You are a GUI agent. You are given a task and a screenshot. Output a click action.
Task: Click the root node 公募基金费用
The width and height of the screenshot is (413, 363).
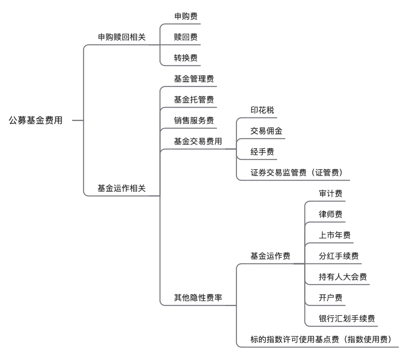pyautogui.click(x=36, y=121)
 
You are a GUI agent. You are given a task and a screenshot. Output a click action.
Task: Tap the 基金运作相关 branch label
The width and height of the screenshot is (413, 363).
pyautogui.click(x=122, y=188)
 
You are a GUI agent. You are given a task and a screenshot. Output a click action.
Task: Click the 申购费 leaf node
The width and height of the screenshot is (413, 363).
pyautogui.click(x=186, y=17)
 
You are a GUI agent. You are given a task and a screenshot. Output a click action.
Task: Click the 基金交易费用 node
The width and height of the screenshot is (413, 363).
pyautogui.click(x=198, y=141)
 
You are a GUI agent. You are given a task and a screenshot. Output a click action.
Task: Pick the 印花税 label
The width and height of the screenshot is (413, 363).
pyautogui.click(x=262, y=110)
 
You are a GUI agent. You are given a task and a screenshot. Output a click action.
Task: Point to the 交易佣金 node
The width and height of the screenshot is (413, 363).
pyautogui.click(x=266, y=131)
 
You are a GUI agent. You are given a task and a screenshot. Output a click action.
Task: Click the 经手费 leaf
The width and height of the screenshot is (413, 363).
pyautogui.click(x=262, y=152)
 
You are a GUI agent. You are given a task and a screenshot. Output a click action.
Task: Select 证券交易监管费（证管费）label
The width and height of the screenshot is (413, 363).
pyautogui.click(x=296, y=173)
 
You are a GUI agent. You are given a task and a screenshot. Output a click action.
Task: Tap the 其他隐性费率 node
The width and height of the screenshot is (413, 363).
pyautogui.click(x=198, y=298)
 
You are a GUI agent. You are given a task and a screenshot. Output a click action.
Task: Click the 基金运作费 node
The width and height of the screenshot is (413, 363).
pyautogui.click(x=270, y=256)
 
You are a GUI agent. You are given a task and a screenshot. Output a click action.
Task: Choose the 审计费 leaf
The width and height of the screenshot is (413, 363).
pyautogui.click(x=330, y=194)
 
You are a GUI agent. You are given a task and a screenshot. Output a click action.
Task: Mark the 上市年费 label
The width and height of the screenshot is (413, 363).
pyautogui.click(x=334, y=235)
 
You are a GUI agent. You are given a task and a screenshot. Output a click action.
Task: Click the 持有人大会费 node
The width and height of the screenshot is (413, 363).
pyautogui.click(x=343, y=277)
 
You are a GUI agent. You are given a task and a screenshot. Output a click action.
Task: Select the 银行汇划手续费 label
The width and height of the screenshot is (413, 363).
pyautogui.click(x=347, y=318)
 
